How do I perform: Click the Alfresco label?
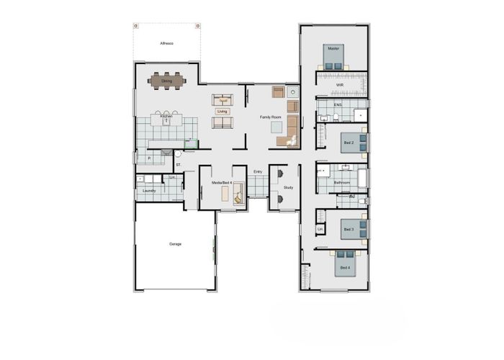pos(167,44)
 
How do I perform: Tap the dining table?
pos(167,81)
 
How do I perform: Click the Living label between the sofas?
pos(222,112)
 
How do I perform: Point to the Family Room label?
pos(270,116)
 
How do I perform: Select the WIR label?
pos(340,85)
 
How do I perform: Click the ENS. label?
pos(338,105)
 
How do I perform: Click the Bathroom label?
pos(341,183)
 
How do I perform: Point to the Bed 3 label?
pos(348,229)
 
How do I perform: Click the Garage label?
pos(175,244)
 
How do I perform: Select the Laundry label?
pos(149,191)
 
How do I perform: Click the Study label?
pos(288,187)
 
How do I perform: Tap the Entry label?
pos(258,171)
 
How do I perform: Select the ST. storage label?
pos(178,165)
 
